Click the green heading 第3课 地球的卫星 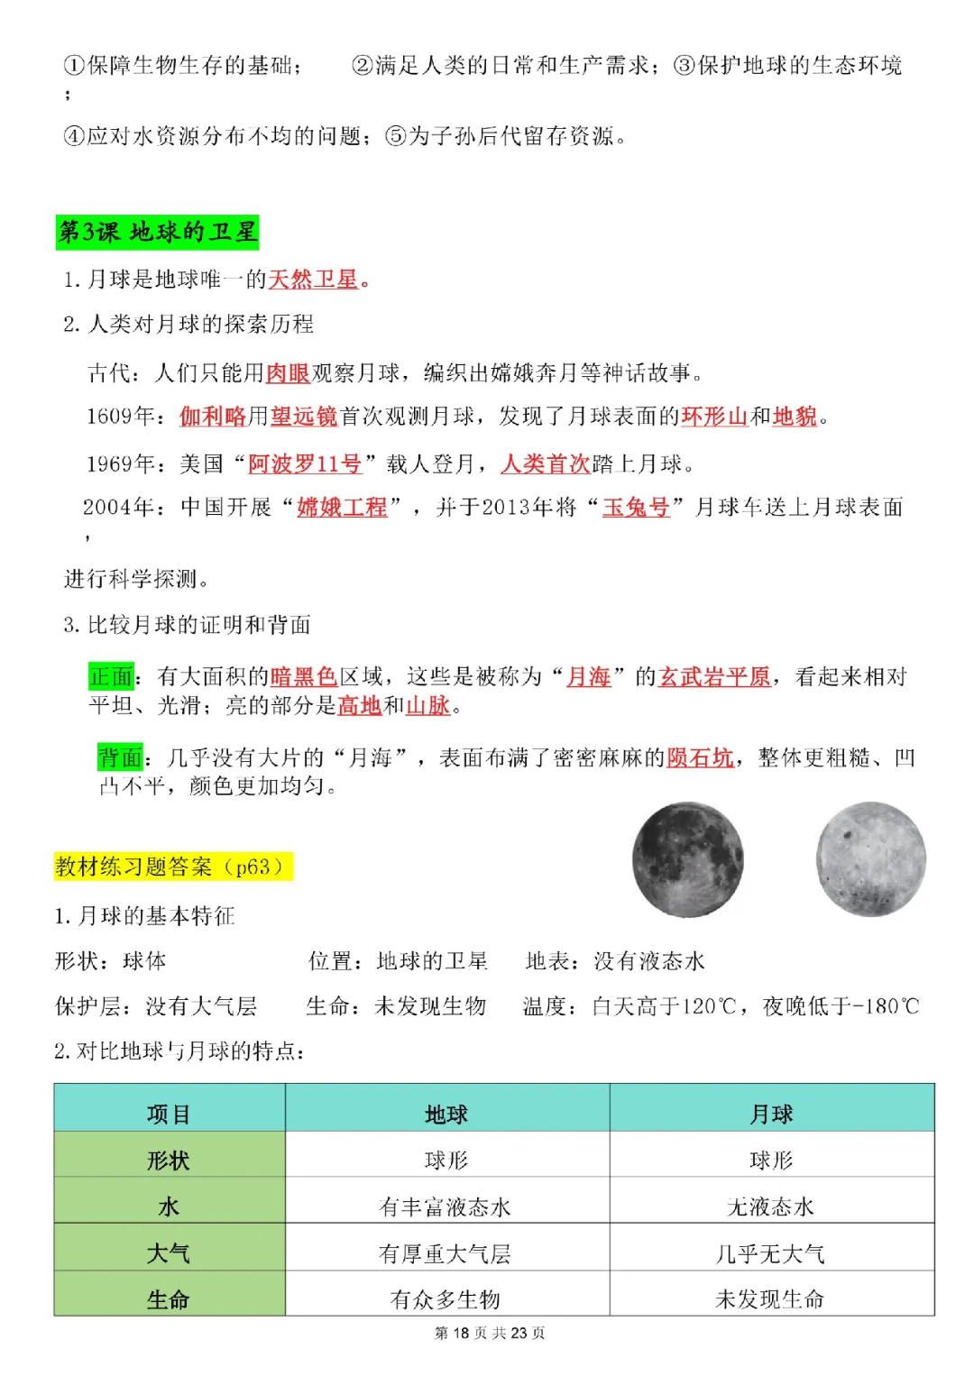[157, 233]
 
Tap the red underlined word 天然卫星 [313, 280]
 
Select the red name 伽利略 [212, 417]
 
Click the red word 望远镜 [304, 417]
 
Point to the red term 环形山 [714, 417]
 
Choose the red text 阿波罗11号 [305, 464]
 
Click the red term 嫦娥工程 [342, 508]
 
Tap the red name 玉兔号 [636, 508]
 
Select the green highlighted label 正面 [111, 676]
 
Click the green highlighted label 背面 [121, 757]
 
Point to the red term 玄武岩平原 [714, 676]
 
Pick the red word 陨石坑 [700, 757]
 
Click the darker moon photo [688, 859]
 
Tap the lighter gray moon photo [871, 859]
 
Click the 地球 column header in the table [446, 1115]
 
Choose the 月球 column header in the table [771, 1115]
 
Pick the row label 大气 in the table [169, 1253]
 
